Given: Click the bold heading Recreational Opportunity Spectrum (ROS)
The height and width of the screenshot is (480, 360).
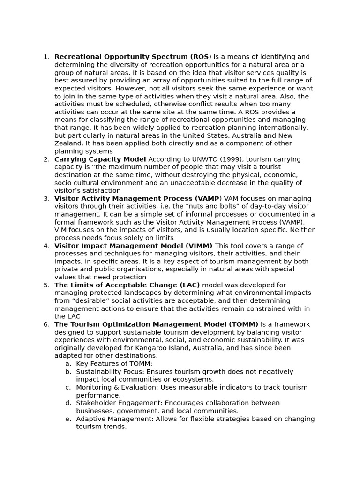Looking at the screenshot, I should (x=132, y=57).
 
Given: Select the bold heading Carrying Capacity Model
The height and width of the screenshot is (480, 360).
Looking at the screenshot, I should (x=100, y=159).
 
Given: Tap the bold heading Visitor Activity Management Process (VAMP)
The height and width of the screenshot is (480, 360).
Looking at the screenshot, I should (x=137, y=199).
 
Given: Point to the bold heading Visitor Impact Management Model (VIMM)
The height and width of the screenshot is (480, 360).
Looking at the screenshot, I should (x=133, y=246).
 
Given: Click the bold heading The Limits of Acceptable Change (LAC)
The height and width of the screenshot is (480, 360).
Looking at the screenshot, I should (x=127, y=285).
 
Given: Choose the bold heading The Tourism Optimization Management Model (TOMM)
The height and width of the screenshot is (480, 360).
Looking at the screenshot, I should (x=156, y=324).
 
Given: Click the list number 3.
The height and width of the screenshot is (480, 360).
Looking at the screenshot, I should (x=46, y=199).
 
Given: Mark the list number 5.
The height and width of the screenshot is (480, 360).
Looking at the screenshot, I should (x=46, y=285).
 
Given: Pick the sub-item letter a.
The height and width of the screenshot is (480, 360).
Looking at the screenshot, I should (x=68, y=364).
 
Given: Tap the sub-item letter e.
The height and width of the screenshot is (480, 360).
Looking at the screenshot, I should (x=68, y=419).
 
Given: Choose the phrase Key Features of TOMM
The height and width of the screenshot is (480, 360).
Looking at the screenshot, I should (x=114, y=364).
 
